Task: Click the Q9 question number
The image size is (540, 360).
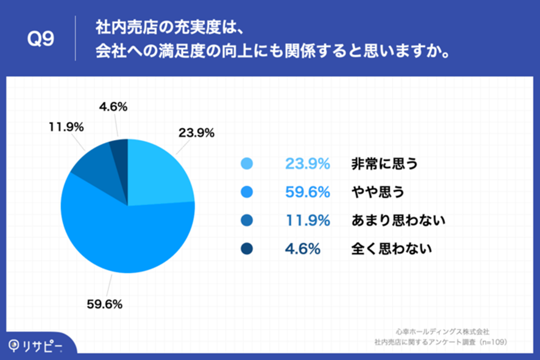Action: [41, 38]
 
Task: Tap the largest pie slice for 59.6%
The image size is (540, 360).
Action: [127, 234]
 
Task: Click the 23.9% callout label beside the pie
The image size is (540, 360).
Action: [196, 133]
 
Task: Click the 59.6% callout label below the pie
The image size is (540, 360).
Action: [104, 304]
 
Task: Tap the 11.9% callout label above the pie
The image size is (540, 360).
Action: [66, 127]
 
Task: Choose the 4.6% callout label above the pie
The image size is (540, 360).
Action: [113, 107]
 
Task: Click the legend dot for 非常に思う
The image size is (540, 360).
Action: [247, 163]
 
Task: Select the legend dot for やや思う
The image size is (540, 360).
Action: [247, 192]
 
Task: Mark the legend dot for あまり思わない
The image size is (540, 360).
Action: [247, 221]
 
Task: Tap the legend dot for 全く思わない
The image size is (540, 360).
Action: [247, 249]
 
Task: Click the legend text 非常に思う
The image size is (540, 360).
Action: [385, 163]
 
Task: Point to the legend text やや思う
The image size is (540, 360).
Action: [378, 192]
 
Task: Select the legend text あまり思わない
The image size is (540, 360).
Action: [398, 221]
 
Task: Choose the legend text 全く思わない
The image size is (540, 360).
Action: [391, 249]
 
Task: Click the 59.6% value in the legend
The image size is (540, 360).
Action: [308, 192]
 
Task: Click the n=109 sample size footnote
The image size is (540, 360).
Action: [494, 342]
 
